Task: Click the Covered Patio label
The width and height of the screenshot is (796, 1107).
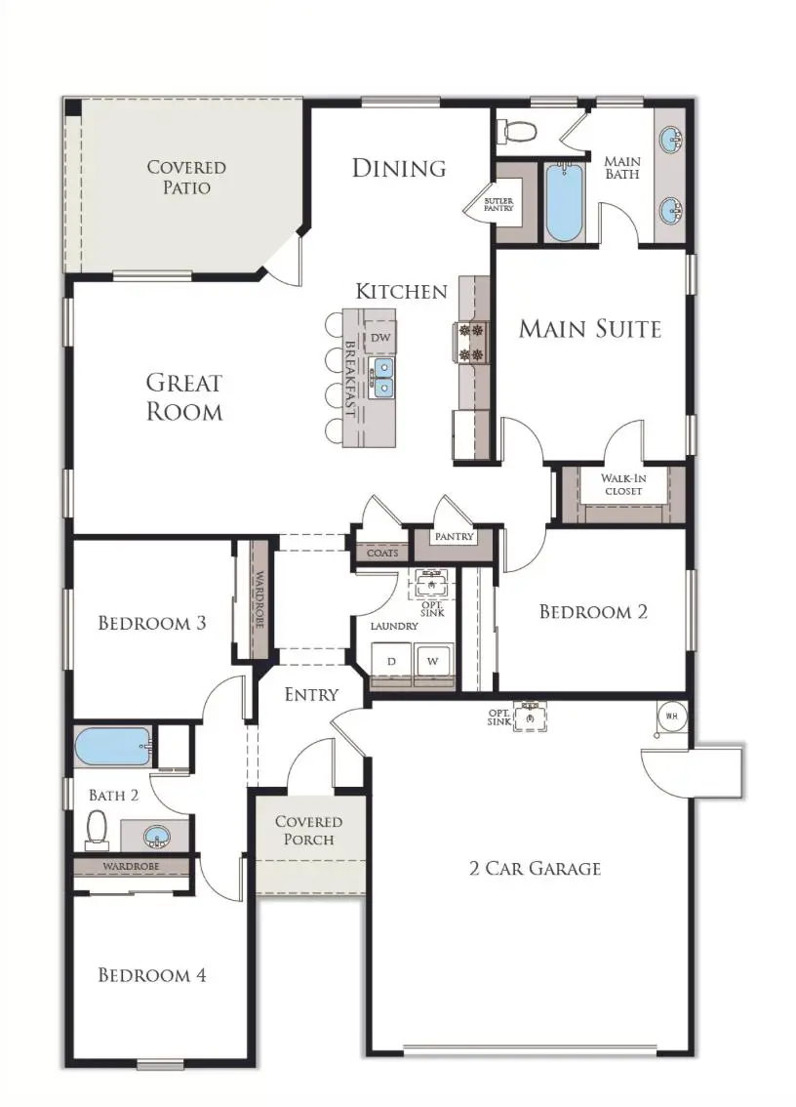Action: [186, 177]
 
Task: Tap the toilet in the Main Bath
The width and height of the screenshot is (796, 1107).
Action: [514, 130]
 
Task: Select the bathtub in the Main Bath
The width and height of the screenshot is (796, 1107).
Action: [563, 202]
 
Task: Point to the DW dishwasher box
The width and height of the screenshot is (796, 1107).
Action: [381, 337]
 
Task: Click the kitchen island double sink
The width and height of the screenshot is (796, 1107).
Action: [382, 378]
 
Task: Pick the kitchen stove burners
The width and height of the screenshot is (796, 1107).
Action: [472, 343]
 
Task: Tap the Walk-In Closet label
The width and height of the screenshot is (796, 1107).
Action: [622, 484]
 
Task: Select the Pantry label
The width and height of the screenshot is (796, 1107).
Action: [454, 537]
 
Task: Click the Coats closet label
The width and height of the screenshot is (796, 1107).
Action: [381, 553]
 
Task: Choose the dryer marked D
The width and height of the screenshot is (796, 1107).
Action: [392, 661]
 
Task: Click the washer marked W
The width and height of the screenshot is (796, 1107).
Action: [431, 661]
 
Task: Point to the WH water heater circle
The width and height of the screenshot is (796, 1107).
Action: [671, 716]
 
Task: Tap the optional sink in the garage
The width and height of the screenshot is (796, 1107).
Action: [528, 717]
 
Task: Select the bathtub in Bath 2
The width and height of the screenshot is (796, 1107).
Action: [113, 748]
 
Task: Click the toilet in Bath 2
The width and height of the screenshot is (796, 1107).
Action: [97, 829]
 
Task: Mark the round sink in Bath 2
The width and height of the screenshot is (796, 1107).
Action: [156, 837]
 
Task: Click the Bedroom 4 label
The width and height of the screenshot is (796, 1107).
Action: [152, 974]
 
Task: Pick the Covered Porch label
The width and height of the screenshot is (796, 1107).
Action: [308, 831]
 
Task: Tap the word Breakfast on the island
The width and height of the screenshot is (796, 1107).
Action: [350, 379]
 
